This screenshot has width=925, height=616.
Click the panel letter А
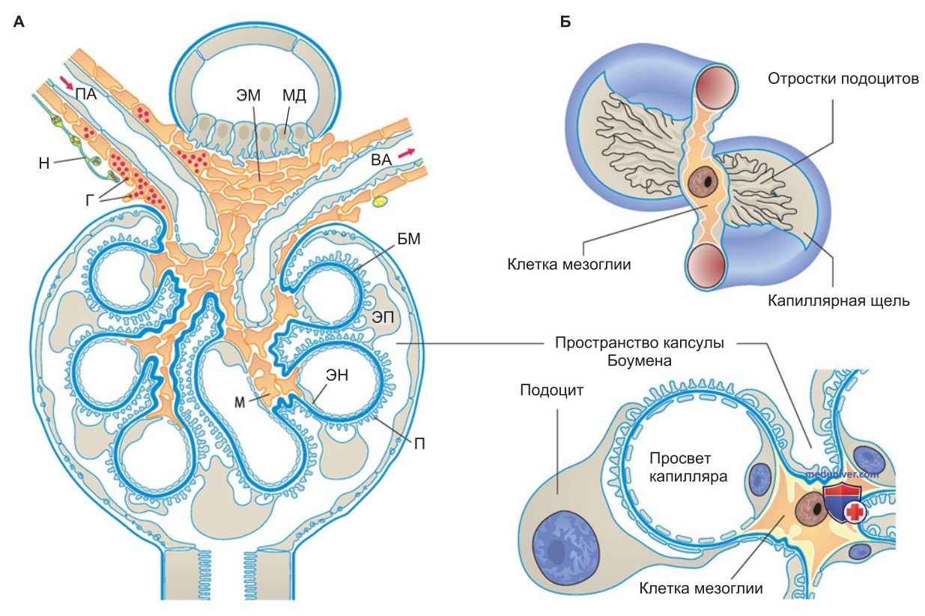[x=19, y=22]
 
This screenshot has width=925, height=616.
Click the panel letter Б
[x=565, y=22]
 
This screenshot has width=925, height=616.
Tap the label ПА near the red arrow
[x=86, y=94]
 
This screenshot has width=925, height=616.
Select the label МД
[x=294, y=95]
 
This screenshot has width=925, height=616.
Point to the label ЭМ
[x=248, y=95]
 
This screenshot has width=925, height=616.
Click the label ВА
[x=380, y=160]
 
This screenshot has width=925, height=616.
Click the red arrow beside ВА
[x=406, y=153]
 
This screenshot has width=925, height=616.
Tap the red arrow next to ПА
[x=66, y=82]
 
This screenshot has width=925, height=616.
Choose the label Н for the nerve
[x=44, y=163]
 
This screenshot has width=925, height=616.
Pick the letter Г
[x=90, y=200]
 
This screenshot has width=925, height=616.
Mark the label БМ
[x=409, y=239]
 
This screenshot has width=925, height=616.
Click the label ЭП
[x=383, y=317]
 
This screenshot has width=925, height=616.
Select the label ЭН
[x=337, y=375]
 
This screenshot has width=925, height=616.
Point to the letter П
[x=419, y=444]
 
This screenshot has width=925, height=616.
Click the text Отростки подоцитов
[x=843, y=79]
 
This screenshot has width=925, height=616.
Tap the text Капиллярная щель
[x=838, y=301]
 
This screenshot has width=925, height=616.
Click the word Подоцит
[x=552, y=390]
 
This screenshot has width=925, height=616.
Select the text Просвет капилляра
[x=688, y=468]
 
